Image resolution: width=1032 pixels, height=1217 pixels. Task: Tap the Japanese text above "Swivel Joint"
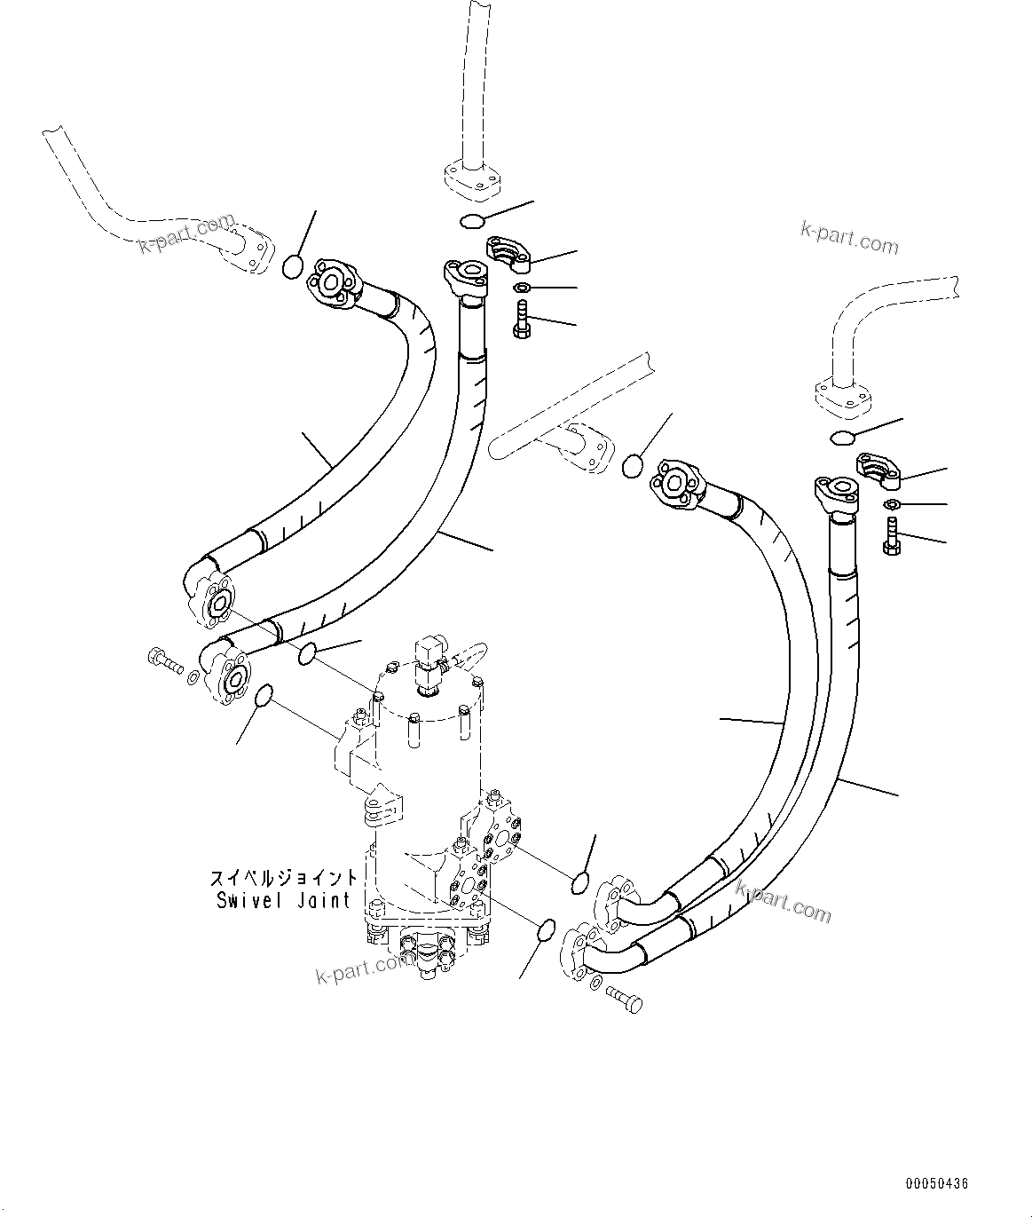284,878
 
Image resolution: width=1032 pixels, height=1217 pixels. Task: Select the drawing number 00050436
937,1184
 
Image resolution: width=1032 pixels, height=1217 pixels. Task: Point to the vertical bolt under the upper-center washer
521,320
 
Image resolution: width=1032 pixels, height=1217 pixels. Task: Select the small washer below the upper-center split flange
523,287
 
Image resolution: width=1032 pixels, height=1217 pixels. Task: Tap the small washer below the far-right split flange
892,504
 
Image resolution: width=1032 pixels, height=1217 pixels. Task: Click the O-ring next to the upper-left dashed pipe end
293,266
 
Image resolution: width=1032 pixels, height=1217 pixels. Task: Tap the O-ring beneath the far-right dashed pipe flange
843,436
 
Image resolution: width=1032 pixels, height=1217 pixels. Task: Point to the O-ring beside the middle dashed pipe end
632,465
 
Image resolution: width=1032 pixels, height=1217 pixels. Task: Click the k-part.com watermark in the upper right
849,237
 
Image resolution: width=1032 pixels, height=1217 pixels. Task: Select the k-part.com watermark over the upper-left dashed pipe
187,233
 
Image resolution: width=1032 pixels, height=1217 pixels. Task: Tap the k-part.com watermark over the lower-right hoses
783,901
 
